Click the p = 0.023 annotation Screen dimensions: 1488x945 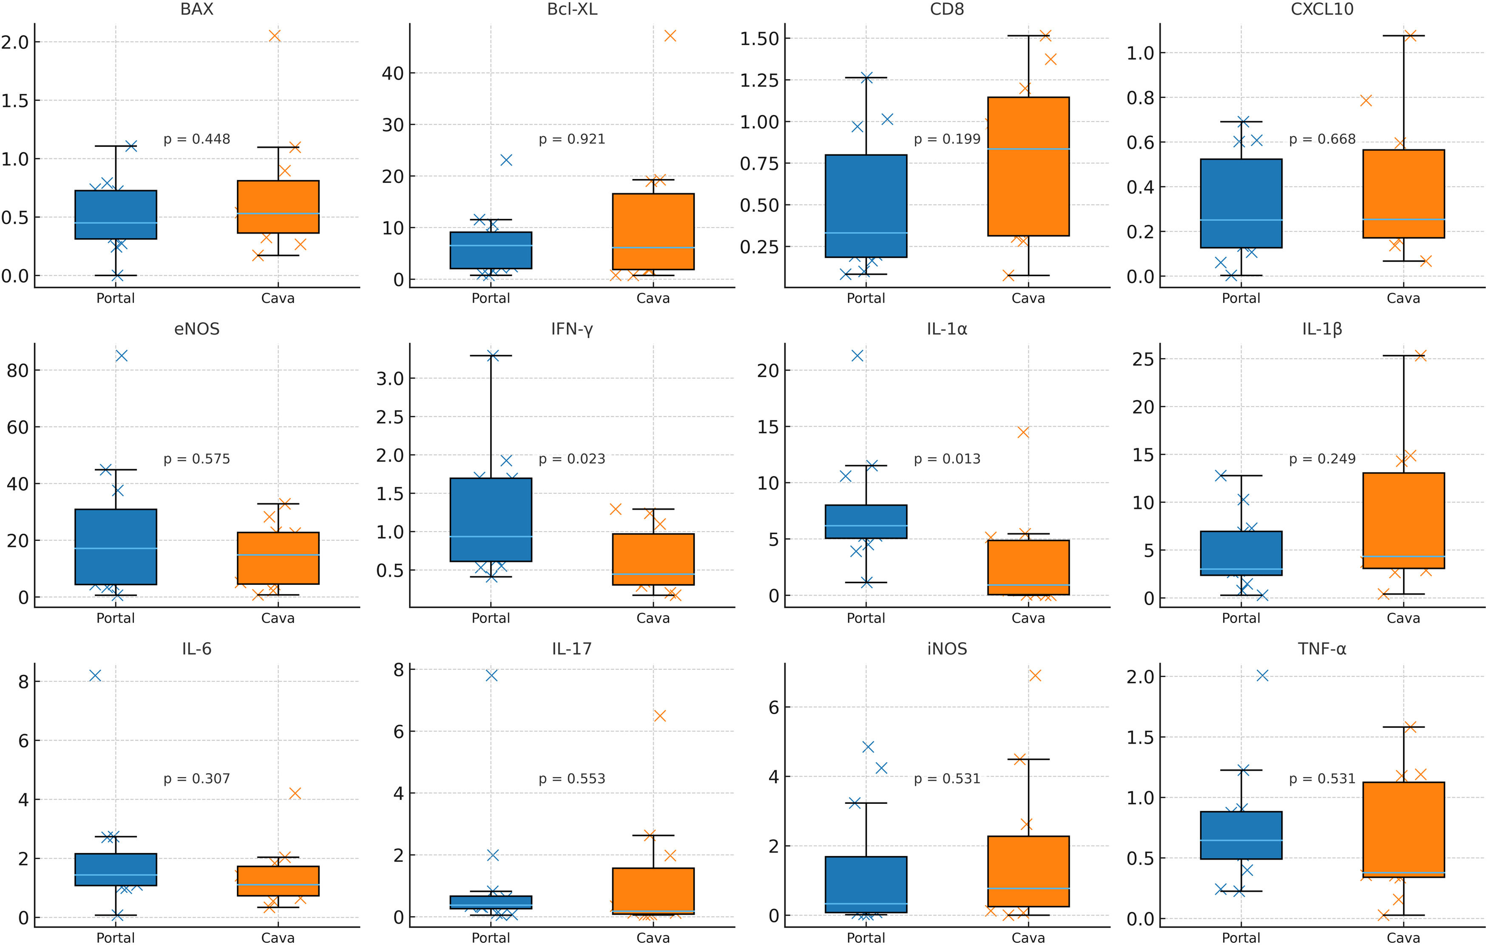tap(571, 458)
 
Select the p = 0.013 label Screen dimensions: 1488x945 tap(947, 458)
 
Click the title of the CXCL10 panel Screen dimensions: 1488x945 tap(1322, 9)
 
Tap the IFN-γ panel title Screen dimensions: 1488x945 tap(571, 329)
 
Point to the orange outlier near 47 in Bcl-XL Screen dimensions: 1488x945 tap(670, 36)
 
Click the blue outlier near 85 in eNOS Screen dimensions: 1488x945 tap(122, 356)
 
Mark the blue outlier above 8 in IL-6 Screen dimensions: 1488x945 tap(95, 675)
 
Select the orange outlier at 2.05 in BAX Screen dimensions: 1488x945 tap(274, 36)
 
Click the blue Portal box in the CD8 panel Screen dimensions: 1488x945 tap(866, 206)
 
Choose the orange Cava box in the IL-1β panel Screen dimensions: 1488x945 tap(1403, 521)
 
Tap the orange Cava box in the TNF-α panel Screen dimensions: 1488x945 tap(1403, 829)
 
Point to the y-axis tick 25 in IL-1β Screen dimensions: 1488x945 tap(1143, 359)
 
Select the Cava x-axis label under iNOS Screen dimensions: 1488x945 tap(1028, 938)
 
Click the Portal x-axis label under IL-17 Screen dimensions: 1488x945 tap(491, 938)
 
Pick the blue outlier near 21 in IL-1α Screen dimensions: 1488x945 tap(857, 356)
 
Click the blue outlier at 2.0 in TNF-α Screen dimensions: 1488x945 tap(1262, 675)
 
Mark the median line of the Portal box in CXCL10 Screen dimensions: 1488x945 tap(1241, 220)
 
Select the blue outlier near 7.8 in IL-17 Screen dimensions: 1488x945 tap(491, 675)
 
